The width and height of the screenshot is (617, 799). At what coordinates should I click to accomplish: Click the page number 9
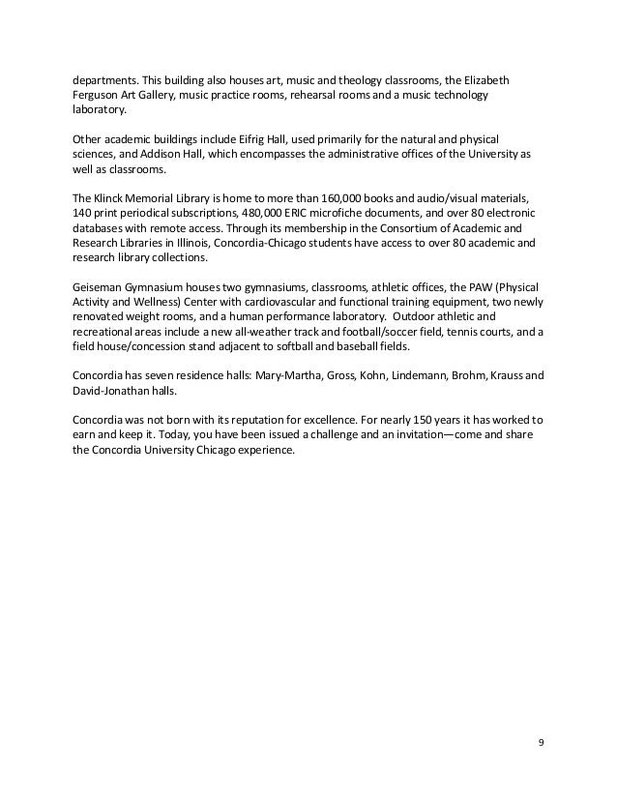coord(541,743)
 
